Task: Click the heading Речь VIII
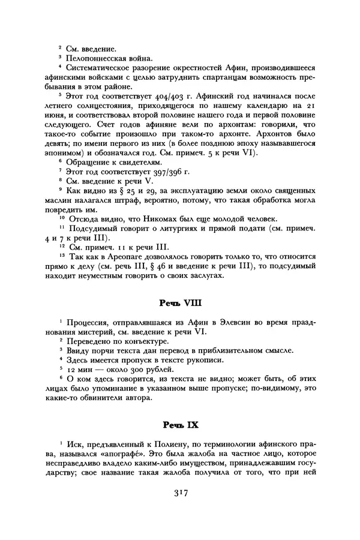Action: click(179, 304)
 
